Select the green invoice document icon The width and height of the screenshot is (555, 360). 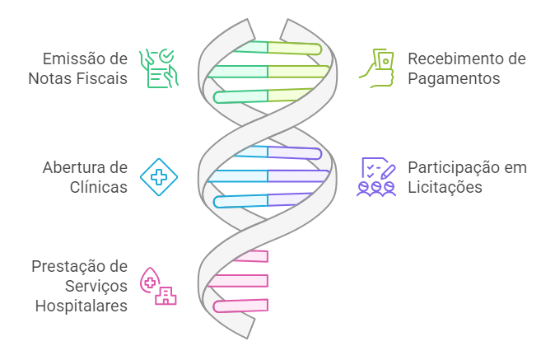coord(159,68)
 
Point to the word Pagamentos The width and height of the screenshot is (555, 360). coord(454,79)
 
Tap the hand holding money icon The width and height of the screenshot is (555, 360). coord(376,68)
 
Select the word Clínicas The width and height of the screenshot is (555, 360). coord(98,187)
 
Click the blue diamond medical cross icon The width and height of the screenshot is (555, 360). coord(159,177)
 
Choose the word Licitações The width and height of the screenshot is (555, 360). coord(445,188)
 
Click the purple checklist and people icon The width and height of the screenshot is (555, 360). coord(376,177)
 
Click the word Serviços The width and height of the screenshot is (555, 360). coord(96,287)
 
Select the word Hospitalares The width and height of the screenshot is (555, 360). coord(81,306)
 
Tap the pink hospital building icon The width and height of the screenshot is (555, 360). coord(166,296)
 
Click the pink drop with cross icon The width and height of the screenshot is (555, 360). coord(150,280)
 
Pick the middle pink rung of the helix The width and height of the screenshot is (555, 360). coord(238,281)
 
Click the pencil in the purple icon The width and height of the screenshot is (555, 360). coord(389,171)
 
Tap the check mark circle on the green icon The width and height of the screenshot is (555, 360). coord(166,55)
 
